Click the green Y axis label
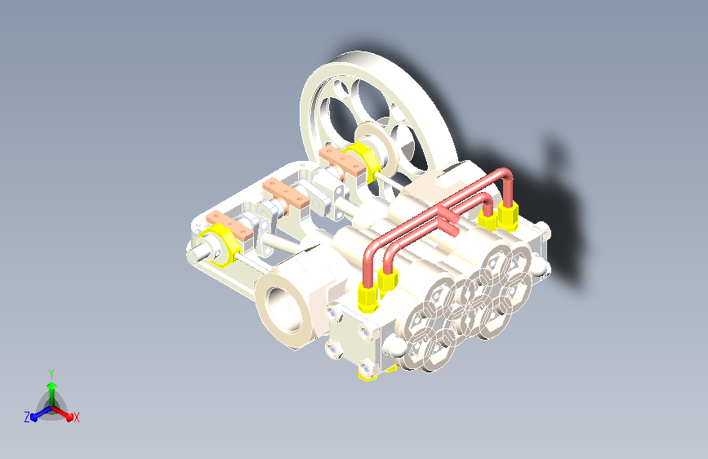coord(51,374)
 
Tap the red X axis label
coord(76,417)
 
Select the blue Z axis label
coord(27,417)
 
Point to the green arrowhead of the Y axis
coord(52,385)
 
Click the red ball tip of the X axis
coord(69,417)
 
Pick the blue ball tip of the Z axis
coord(34,417)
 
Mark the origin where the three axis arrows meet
coord(52,408)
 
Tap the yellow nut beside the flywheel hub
coord(360,159)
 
